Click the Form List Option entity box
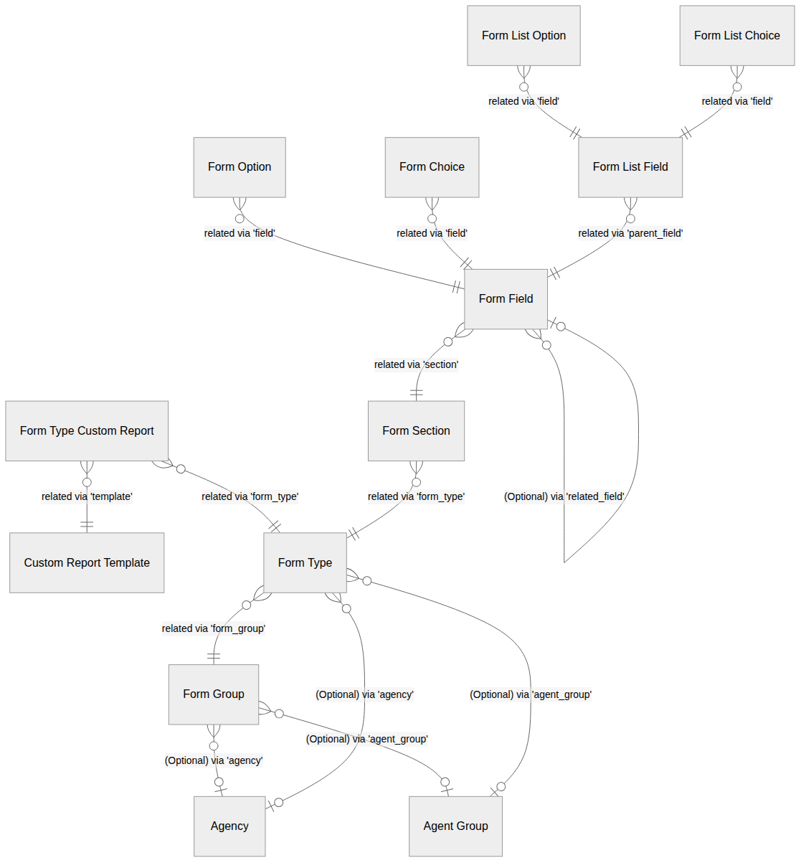click(x=523, y=35)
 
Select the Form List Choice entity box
click(x=737, y=35)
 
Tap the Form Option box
click(x=240, y=167)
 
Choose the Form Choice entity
click(x=432, y=167)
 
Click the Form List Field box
click(x=630, y=167)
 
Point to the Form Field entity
click(x=506, y=299)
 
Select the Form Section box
click(x=416, y=431)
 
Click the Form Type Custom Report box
click(x=87, y=431)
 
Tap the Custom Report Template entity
click(x=87, y=563)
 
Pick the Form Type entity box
click(x=305, y=563)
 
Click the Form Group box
click(x=214, y=694)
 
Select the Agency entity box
click(x=229, y=826)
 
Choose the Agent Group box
click(x=455, y=826)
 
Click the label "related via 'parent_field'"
click(x=630, y=233)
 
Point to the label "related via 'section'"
click(x=416, y=364)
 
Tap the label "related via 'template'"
click(x=87, y=496)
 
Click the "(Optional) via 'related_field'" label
click(x=564, y=496)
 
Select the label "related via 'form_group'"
click(x=214, y=628)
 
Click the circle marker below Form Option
click(x=240, y=219)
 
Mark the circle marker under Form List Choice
click(x=737, y=87)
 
